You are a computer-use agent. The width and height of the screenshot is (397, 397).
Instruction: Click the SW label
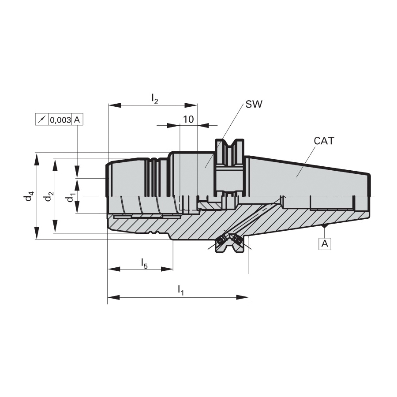[x=254, y=104]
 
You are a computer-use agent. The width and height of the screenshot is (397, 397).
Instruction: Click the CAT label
[x=324, y=141]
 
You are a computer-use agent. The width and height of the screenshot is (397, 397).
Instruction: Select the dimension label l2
[x=155, y=98]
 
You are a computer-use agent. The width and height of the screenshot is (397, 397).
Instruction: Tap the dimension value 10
[x=188, y=119]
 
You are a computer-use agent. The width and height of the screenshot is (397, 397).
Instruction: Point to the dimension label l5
[x=144, y=263]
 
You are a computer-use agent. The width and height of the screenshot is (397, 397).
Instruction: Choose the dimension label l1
[x=180, y=290]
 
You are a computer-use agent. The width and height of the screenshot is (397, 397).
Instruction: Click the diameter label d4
[x=29, y=196]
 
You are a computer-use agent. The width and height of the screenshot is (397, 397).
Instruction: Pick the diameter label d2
[x=49, y=196]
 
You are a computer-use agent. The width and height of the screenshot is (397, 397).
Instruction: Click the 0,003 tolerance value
[x=60, y=120]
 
